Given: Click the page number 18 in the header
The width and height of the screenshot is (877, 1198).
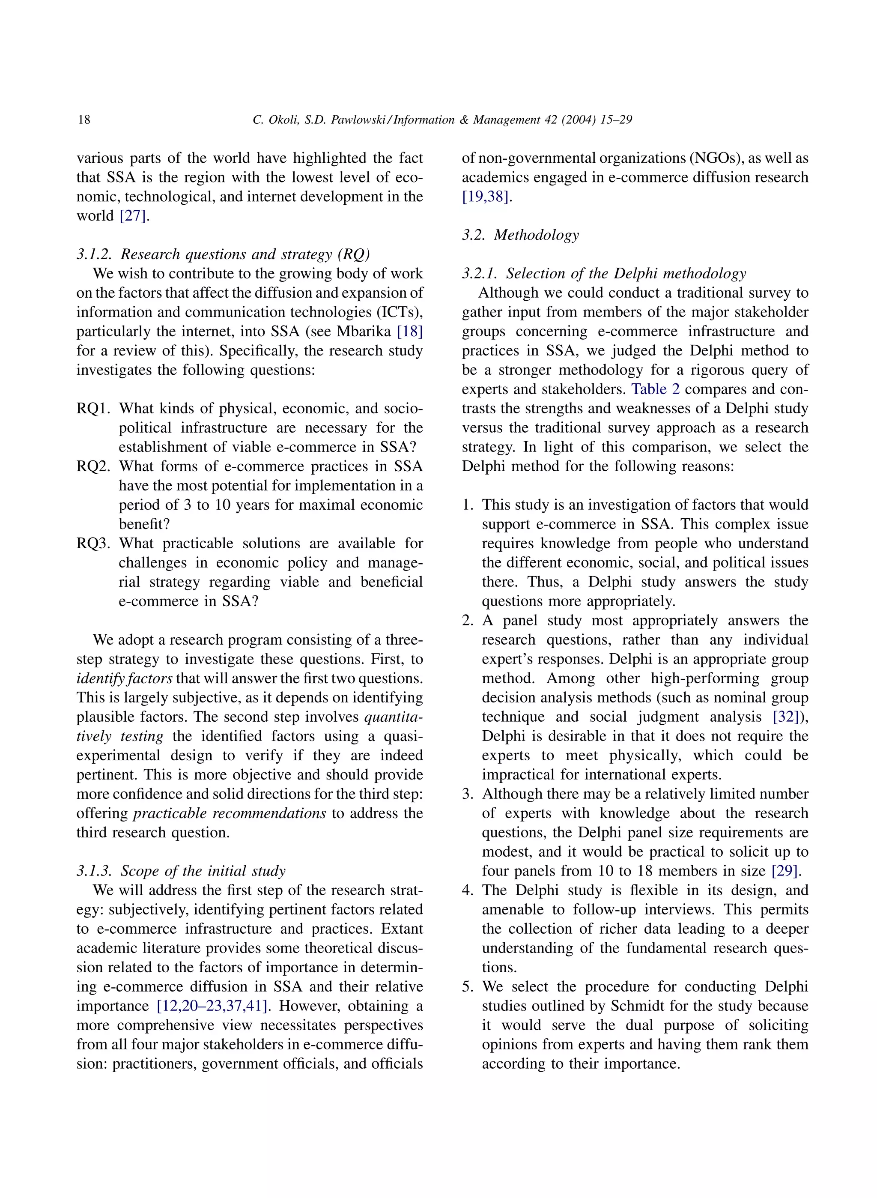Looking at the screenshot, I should tap(84, 120).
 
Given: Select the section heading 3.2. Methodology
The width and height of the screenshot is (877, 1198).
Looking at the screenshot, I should tap(520, 235).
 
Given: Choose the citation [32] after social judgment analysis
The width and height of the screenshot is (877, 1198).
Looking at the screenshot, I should tap(786, 717).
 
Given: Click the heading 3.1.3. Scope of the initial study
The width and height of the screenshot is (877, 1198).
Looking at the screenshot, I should tap(181, 871).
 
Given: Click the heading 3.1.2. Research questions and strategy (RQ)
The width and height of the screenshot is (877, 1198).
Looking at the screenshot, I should tap(223, 254).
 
